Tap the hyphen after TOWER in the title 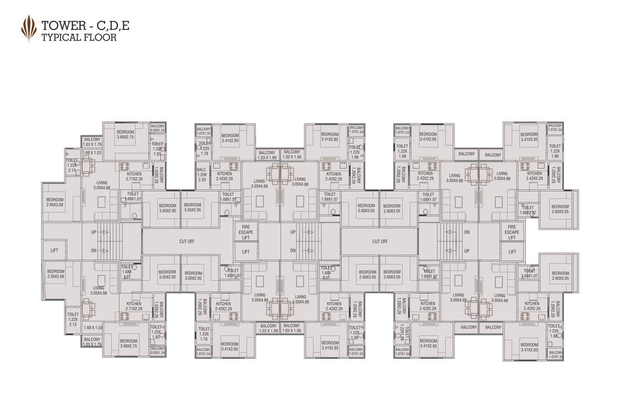click(x=87, y=25)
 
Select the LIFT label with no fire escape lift click(x=54, y=250)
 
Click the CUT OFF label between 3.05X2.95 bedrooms click(x=187, y=241)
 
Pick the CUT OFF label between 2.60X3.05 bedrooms click(x=380, y=241)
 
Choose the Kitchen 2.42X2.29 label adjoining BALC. click(x=224, y=176)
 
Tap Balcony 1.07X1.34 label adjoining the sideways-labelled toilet click(x=402, y=351)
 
